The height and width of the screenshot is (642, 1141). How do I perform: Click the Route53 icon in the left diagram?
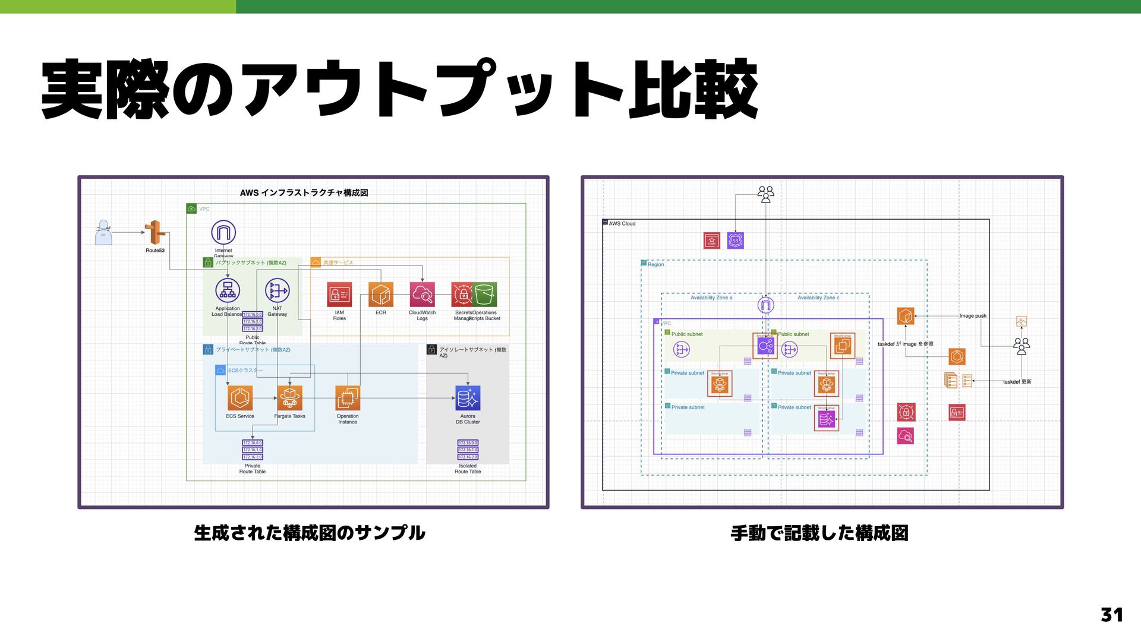coord(155,232)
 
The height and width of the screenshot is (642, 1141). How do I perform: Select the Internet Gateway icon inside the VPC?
coord(223,232)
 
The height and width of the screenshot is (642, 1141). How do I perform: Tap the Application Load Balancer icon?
coord(228,290)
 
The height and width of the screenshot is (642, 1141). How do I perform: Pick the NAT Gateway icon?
coord(277,290)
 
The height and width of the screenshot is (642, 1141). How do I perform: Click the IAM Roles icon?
coord(339,295)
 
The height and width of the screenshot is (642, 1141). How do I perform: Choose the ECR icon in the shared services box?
coord(380,295)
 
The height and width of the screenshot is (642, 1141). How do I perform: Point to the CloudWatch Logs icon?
coord(422,295)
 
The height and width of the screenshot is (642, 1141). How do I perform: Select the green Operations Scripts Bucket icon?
coord(485,295)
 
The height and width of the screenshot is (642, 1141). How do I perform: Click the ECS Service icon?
coord(239,398)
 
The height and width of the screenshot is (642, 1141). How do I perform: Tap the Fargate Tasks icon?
coord(289,398)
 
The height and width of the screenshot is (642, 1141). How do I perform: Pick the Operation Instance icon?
coord(348,398)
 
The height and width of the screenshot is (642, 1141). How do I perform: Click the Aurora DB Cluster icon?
coord(468,398)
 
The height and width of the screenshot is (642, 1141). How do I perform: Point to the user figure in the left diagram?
coord(103,233)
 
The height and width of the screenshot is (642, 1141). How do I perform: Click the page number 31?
coord(1111,614)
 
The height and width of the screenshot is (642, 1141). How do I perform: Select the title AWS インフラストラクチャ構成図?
coord(304,192)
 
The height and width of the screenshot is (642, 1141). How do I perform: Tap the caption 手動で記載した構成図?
coord(819,533)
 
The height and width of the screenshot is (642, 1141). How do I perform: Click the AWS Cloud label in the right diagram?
coord(622,224)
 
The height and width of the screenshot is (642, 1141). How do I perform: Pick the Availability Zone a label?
coord(711,298)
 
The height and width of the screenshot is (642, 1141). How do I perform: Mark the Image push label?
coord(973,316)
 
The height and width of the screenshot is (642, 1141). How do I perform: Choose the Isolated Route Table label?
coord(468,469)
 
